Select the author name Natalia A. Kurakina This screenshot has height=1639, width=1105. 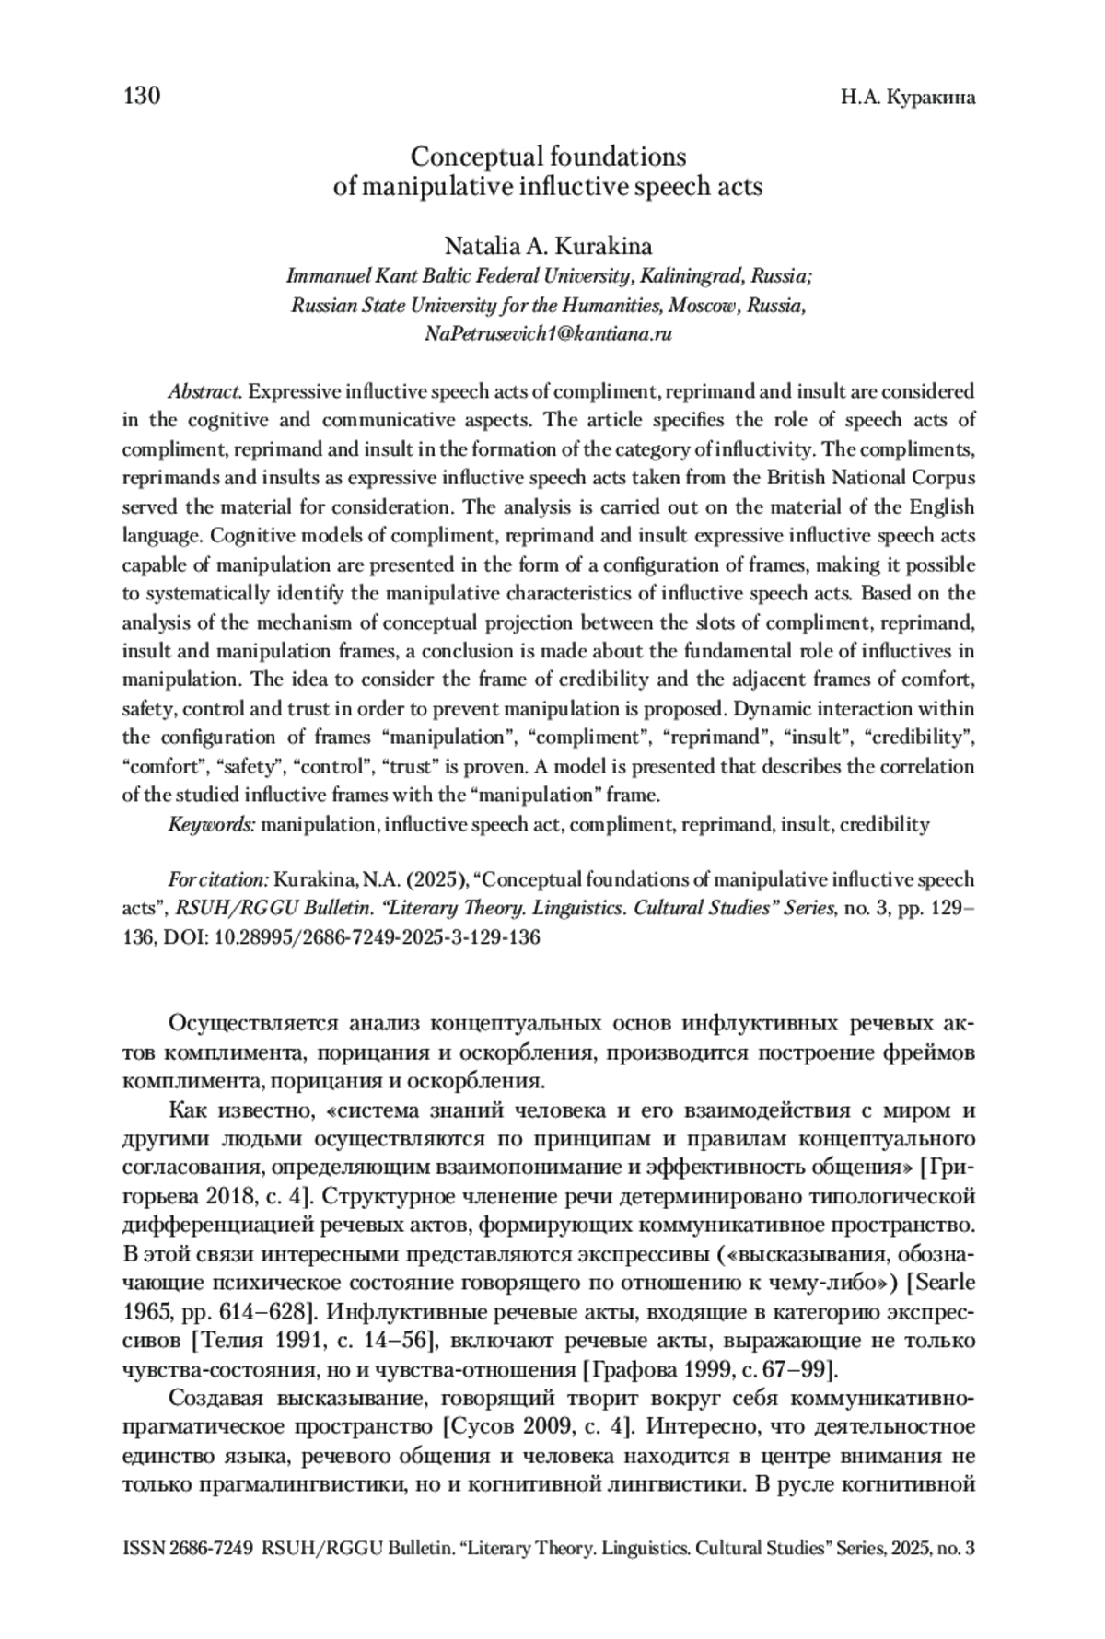(x=548, y=247)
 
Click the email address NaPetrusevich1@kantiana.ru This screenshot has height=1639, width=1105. (x=548, y=334)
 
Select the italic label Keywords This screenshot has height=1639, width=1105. (x=211, y=825)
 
